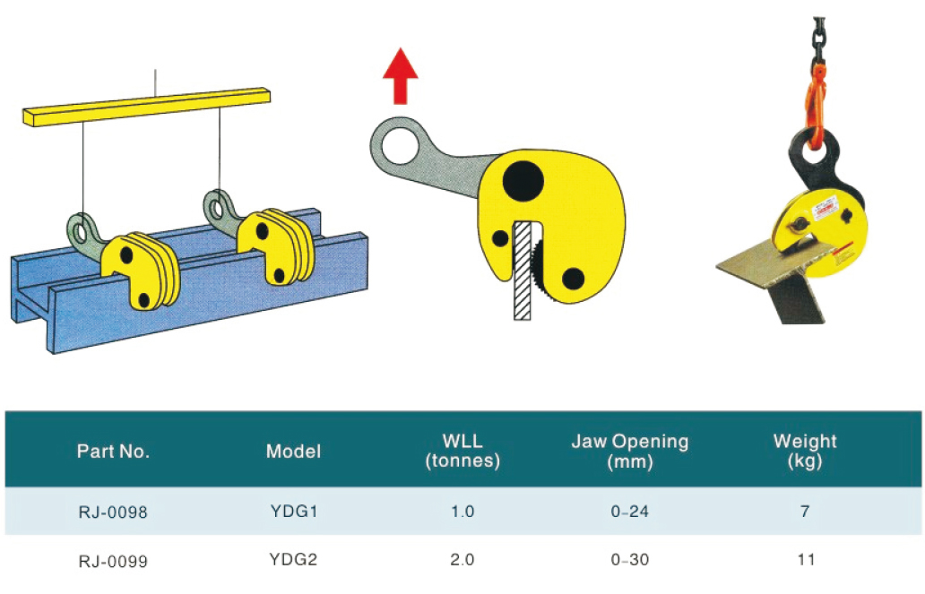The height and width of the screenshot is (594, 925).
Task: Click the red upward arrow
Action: pos(400,78)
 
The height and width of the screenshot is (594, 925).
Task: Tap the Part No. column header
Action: pos(113,452)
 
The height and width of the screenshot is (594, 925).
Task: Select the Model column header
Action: pos(293,452)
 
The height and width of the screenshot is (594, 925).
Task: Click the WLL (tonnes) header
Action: pos(462,452)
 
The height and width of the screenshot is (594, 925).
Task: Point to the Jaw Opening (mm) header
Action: pos(629,452)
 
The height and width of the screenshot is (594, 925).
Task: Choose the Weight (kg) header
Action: pos(805,452)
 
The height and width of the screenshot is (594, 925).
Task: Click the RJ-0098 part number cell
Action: pos(113,513)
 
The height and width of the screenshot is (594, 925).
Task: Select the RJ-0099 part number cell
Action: pos(113,561)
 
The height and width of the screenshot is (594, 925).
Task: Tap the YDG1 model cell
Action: pos(293,512)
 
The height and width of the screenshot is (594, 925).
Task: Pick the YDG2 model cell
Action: pos(293,560)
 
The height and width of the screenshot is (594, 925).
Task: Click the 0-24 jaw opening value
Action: pos(629,512)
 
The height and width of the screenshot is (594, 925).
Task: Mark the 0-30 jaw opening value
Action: pos(629,560)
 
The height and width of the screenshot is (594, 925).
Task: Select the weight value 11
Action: pos(805,560)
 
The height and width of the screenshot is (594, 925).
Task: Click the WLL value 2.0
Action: pos(462,560)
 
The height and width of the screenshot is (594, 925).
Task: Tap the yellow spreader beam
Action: pos(143,106)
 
